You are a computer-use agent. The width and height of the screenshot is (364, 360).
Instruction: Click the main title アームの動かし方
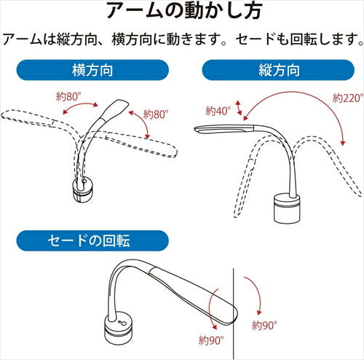coord(184,11)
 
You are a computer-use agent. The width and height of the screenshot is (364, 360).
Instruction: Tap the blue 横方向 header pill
coord(92,70)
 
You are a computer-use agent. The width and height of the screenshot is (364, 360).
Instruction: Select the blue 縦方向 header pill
coord(278,70)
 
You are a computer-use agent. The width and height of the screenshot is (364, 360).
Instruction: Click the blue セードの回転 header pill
coord(92,240)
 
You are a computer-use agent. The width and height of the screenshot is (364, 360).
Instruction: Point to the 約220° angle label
coord(348,98)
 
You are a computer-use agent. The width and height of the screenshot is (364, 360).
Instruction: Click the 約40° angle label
coord(218,111)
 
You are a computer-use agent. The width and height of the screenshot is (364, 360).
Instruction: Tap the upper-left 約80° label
coord(68,97)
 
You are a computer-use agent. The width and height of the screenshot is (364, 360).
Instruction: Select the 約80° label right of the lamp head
coord(156,114)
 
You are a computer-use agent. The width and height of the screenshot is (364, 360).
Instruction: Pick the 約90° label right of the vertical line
coord(264,325)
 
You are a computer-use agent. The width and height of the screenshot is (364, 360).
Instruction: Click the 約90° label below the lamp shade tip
coord(211,340)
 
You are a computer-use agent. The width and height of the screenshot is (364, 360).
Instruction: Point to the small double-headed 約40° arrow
coord(239,108)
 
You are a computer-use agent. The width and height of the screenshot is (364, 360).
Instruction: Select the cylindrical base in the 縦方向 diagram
coord(288,208)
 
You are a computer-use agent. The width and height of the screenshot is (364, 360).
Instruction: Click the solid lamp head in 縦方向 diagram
coord(224,129)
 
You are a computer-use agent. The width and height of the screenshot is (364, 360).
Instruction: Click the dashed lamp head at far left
coord(28,117)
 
